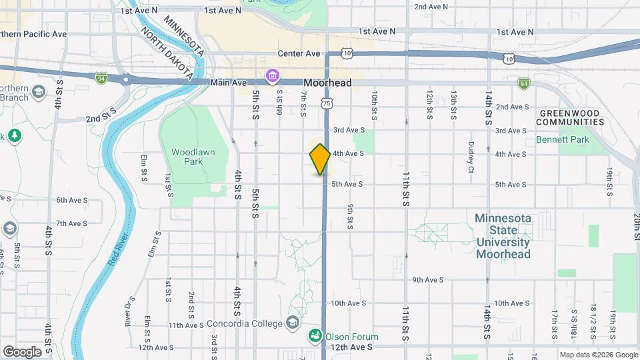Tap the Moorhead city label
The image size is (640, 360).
click(327, 83)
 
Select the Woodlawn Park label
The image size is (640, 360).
click(193, 157)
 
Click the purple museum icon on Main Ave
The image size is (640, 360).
click(272, 76)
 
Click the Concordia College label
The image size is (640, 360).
click(245, 323)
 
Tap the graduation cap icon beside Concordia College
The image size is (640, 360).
click(292, 323)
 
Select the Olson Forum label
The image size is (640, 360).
click(353, 337)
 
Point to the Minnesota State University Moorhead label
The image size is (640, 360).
click(503, 236)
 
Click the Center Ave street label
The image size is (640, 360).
click(299, 53)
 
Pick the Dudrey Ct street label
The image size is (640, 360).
click(471, 157)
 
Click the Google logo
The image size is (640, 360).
click(22, 351)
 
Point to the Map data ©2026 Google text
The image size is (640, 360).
click(597, 355)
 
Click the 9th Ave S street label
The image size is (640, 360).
click(428, 280)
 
